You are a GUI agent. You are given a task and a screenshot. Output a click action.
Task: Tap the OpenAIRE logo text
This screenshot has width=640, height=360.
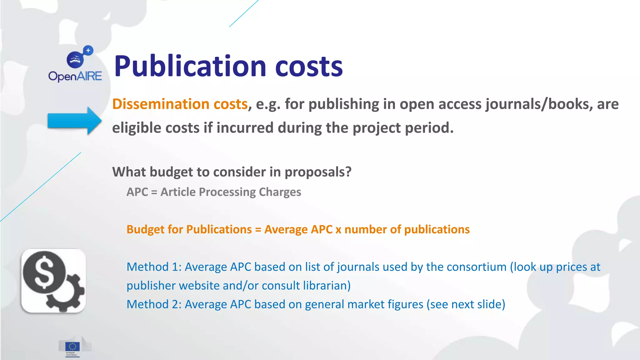click(75, 76)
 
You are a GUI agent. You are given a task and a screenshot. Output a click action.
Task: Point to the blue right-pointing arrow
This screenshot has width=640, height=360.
click(74, 121)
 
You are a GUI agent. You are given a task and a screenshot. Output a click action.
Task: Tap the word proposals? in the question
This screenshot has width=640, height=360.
click(318, 172)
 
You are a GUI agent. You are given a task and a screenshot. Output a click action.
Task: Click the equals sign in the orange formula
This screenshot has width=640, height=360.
click(258, 230)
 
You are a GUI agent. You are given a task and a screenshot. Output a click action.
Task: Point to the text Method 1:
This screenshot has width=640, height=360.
click(154, 267)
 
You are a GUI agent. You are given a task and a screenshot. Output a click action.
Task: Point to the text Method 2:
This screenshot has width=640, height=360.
click(154, 304)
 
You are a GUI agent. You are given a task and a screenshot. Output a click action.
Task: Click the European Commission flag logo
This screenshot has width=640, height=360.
click(72, 347)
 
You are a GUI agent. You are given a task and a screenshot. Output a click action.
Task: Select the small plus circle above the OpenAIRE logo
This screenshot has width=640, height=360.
click(88, 50)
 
